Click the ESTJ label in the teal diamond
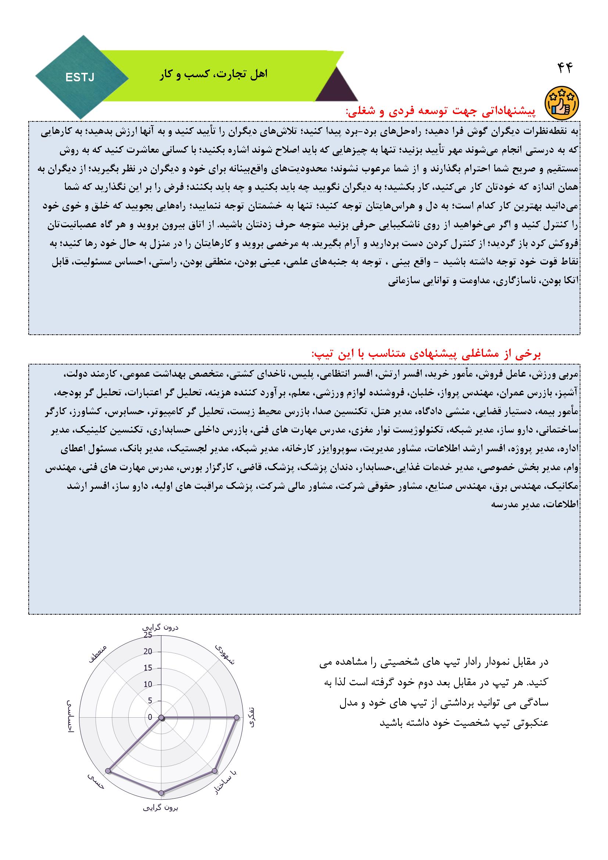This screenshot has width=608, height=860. coord(80,78)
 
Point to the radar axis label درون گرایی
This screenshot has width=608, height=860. coord(161,628)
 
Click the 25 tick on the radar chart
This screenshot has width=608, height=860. coord(148,635)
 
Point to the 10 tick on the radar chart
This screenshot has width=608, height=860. coord(148,684)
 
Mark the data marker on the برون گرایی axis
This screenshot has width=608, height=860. coord(162,793)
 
